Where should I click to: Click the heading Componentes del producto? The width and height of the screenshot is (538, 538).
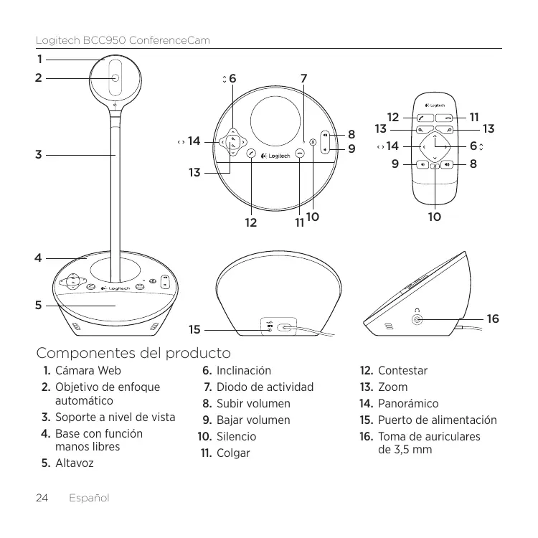coord(133,353)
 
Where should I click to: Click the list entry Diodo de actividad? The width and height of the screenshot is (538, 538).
coord(265,387)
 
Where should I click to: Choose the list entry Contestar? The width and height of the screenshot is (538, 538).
coord(402,371)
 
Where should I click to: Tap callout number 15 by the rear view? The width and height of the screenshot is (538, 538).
coord(194,330)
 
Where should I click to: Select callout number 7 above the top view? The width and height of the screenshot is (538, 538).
coord(304,77)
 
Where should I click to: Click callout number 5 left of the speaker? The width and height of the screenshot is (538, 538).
coord(39,305)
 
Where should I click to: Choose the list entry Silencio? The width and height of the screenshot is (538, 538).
coord(236,437)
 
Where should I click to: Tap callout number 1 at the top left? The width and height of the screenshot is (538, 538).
coord(40,59)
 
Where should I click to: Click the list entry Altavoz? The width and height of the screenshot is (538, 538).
coord(74,463)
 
